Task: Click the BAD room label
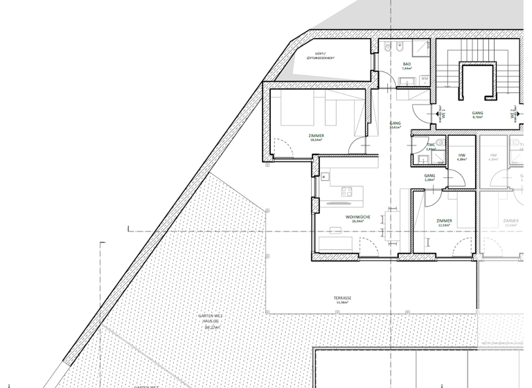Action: (407, 66)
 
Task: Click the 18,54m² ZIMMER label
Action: (317, 137)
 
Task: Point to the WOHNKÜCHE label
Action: (358, 219)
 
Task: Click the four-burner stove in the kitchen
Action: (348, 192)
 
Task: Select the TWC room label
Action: (430, 147)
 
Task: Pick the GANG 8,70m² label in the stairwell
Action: (477, 115)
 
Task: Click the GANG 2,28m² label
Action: (429, 178)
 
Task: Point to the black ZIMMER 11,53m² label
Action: (444, 222)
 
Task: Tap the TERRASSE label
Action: (343, 300)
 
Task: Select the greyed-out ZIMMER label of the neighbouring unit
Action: (511, 222)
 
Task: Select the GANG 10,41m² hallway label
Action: (396, 125)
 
